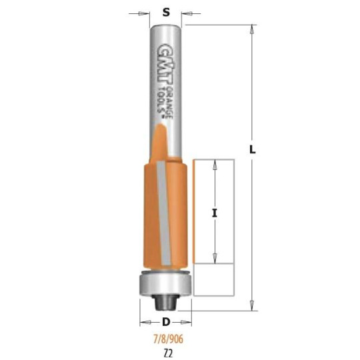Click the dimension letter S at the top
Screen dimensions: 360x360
click(x=166, y=13)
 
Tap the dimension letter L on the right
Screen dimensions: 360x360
click(x=252, y=150)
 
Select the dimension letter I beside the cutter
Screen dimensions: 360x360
click(x=215, y=214)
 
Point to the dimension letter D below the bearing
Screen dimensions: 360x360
click(x=166, y=322)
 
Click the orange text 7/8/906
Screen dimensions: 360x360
click(x=168, y=339)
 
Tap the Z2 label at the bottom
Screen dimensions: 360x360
click(x=168, y=353)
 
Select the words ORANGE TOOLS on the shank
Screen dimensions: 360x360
click(x=166, y=103)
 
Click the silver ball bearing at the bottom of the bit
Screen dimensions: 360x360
click(x=165, y=283)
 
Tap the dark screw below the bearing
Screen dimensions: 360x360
click(x=165, y=303)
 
